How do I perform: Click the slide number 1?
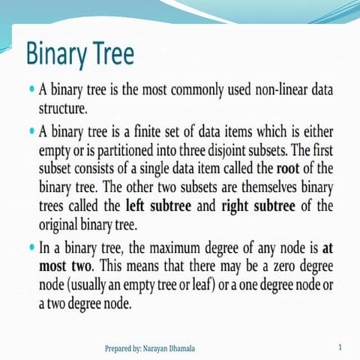pos(340,347)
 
